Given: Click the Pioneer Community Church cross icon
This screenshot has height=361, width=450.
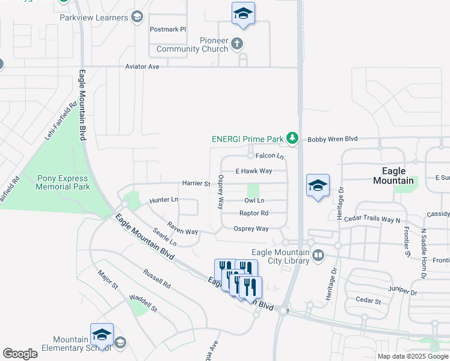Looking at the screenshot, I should [x=237, y=43].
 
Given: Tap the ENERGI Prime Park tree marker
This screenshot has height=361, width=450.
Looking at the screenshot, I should [x=292, y=139].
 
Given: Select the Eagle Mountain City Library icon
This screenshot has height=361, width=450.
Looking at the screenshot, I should [x=318, y=256].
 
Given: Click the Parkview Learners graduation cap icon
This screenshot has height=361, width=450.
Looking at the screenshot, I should [x=137, y=17].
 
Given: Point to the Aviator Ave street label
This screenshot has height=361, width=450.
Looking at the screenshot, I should [x=142, y=67].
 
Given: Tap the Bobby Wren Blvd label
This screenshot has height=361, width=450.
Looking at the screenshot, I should [x=333, y=139].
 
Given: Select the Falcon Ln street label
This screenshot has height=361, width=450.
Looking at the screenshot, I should [x=269, y=156].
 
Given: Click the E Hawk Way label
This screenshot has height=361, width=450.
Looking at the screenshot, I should [x=253, y=171].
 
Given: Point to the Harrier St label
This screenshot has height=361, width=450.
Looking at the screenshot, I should [x=196, y=183].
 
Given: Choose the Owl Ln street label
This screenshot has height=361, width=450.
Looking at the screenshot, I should [x=254, y=200].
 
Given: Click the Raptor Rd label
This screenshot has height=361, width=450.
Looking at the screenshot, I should [x=254, y=213].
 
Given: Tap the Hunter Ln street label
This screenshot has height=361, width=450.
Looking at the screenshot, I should [x=164, y=199].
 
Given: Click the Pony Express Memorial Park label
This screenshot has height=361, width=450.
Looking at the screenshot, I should [x=62, y=182].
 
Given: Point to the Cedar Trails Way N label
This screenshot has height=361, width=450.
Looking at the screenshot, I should [x=372, y=219].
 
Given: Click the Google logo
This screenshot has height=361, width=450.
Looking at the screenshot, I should [x=20, y=354].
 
